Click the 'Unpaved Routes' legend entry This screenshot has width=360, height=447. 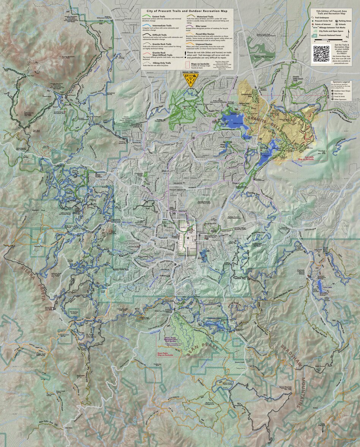tap(204, 45)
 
